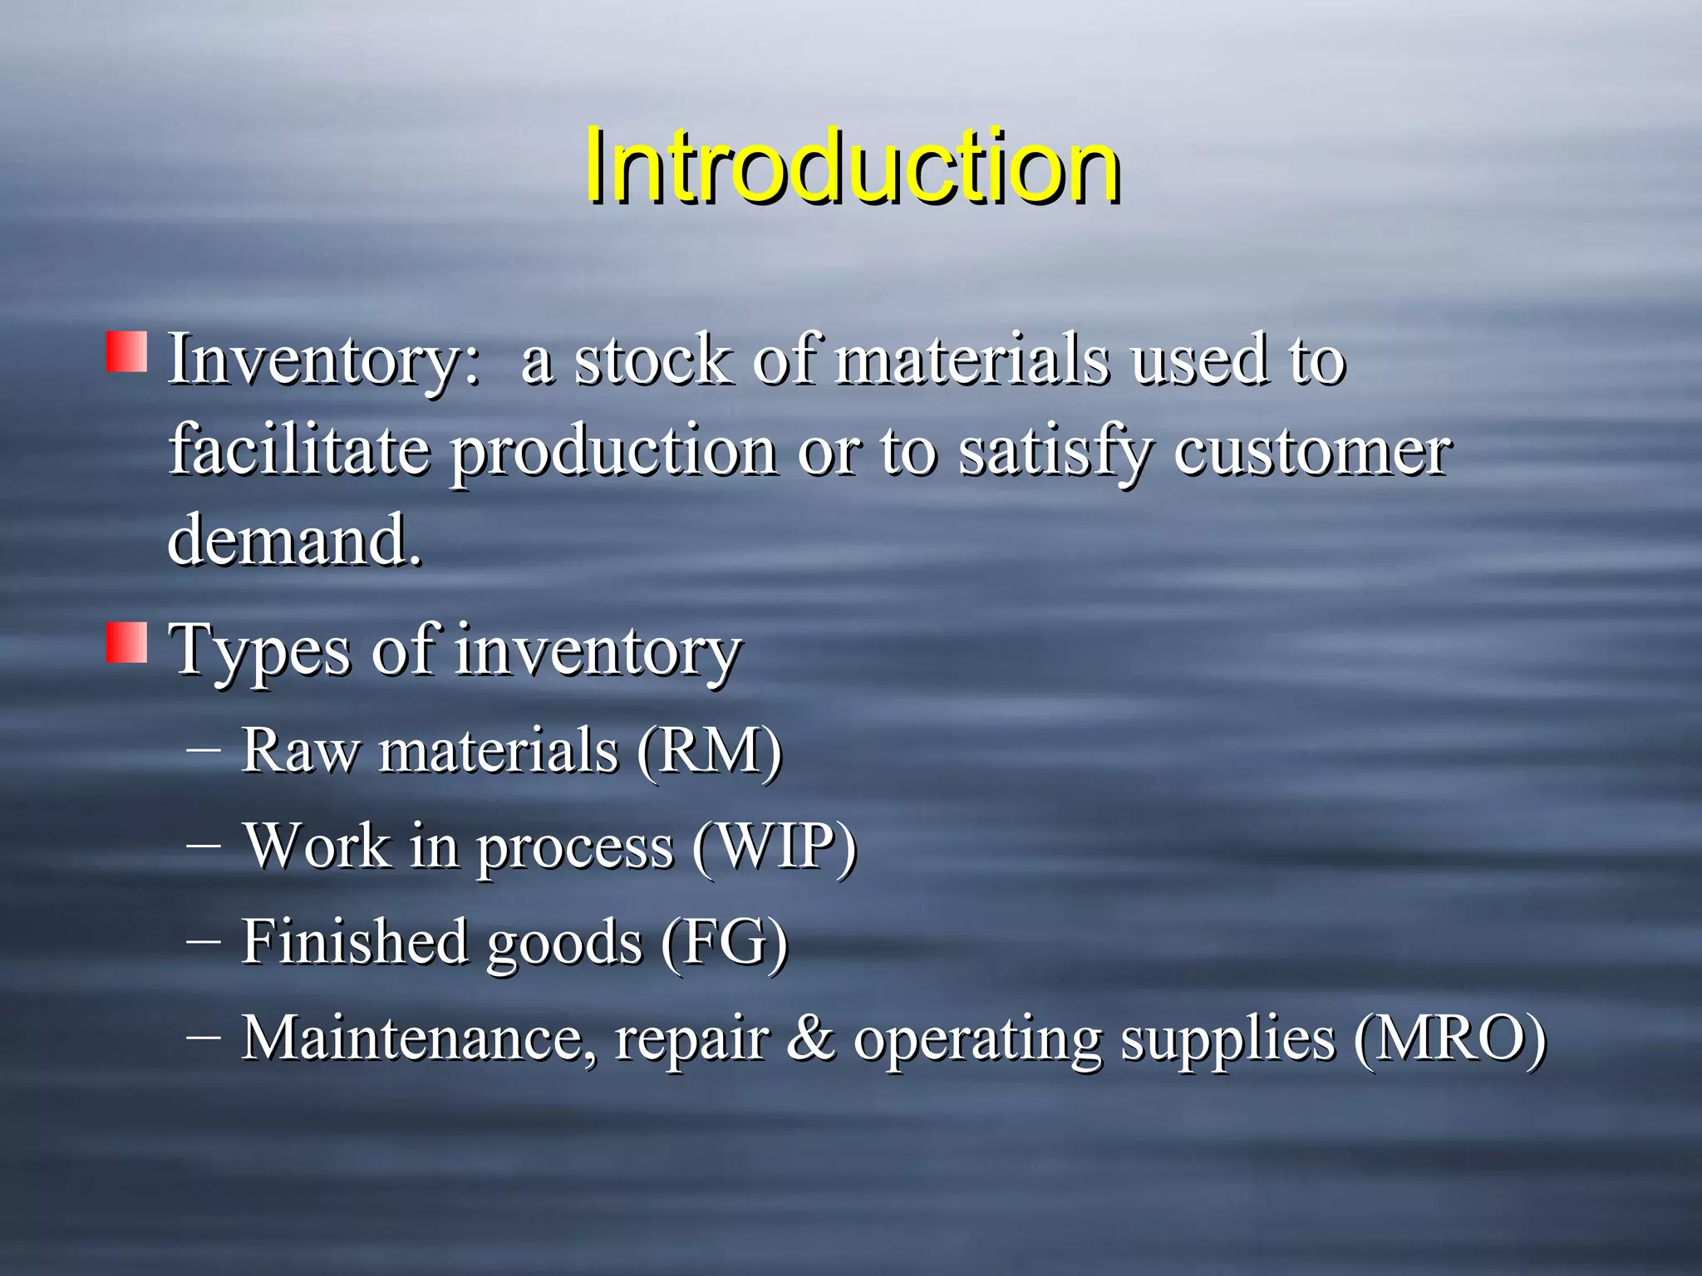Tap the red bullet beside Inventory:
(126, 352)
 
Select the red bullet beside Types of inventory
(126, 642)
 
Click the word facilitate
(299, 450)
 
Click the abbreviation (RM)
(710, 750)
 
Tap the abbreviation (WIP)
(774, 846)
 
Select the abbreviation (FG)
(724, 942)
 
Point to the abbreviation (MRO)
(1450, 1038)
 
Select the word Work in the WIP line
(317, 846)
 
